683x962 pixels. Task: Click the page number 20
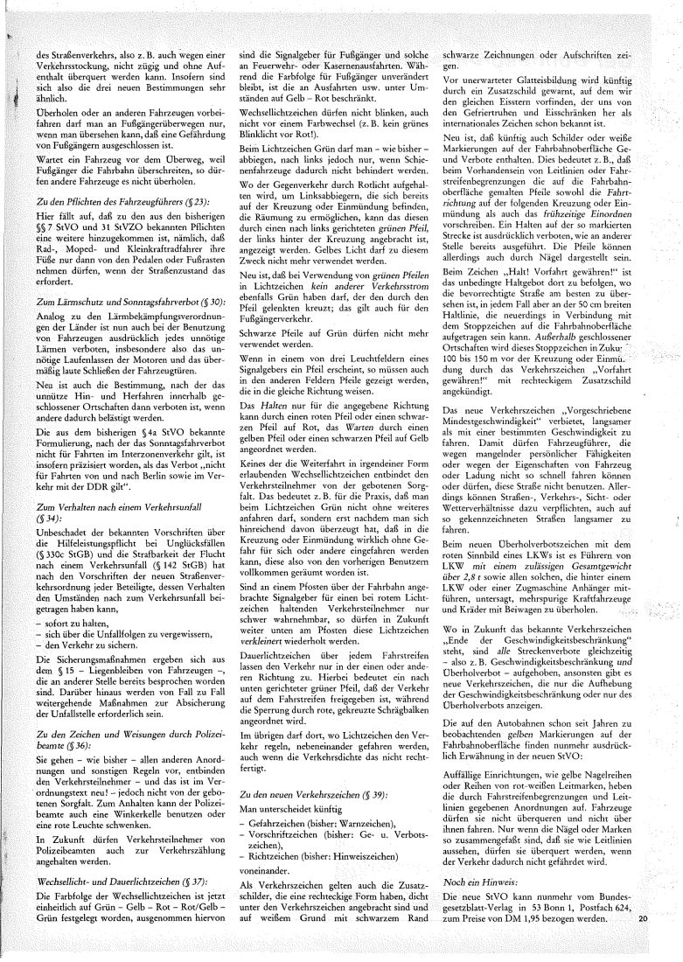(645, 918)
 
